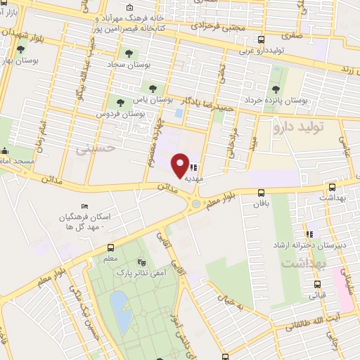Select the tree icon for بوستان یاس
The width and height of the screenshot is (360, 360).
tap(153, 88)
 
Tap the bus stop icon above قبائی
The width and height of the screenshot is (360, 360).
tap(317, 285)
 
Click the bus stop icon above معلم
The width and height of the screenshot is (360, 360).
tap(110, 247)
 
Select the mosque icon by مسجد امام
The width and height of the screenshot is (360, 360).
tap(5, 150)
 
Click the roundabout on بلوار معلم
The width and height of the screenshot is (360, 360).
tap(193, 204)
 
